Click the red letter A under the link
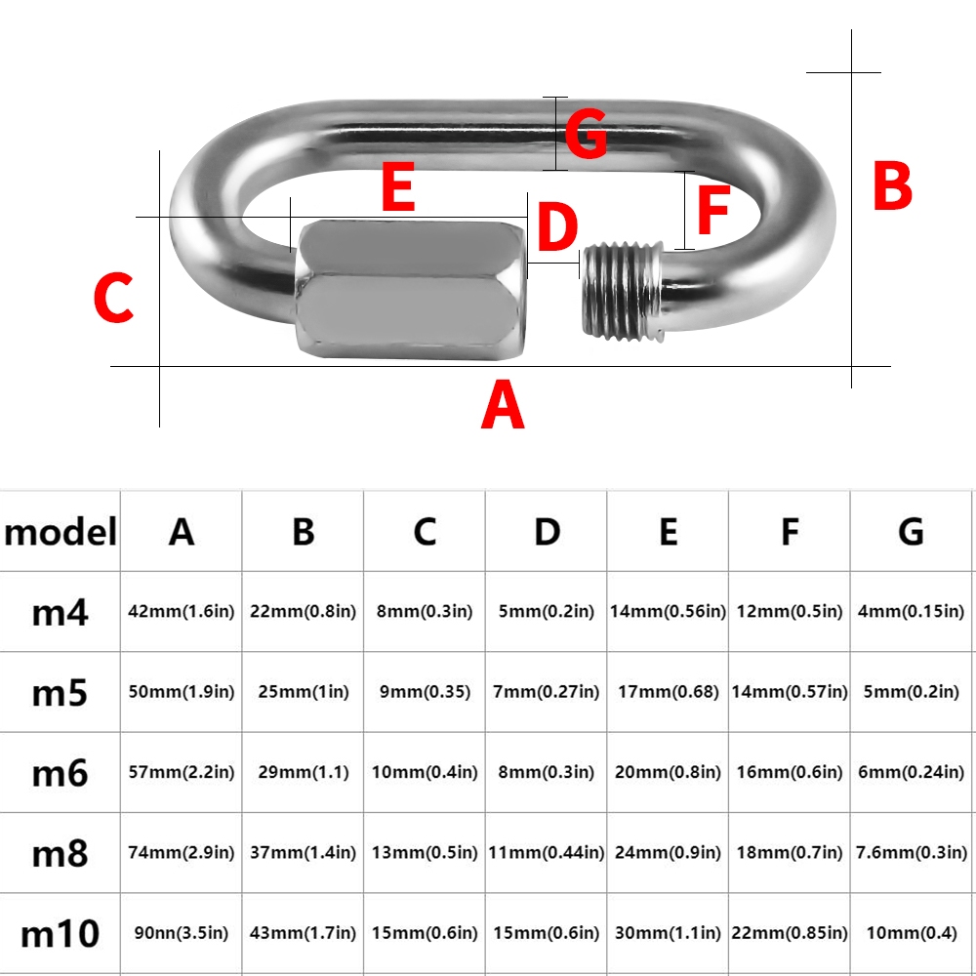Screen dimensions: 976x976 [503, 405]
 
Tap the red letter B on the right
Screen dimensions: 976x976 [892, 184]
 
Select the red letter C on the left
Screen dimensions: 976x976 [113, 298]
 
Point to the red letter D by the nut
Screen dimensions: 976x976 [557, 226]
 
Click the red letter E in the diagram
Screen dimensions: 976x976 [398, 186]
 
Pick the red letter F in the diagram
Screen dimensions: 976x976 [713, 211]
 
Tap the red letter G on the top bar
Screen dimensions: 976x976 [586, 133]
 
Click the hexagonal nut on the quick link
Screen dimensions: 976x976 [412, 289]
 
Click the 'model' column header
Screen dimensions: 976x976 [60, 532]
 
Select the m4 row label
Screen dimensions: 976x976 [60, 613]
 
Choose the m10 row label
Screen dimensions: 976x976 [60, 934]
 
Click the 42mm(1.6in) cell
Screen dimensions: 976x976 [182, 611]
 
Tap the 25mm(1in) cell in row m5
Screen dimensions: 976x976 [304, 692]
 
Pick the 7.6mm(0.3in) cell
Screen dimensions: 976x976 [912, 852]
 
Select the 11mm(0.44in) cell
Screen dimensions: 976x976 [547, 852]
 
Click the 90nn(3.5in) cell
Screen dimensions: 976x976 [182, 932]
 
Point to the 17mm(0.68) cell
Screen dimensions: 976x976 [668, 692]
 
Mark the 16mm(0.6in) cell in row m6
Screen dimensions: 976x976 [790, 772]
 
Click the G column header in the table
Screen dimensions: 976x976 [911, 532]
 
